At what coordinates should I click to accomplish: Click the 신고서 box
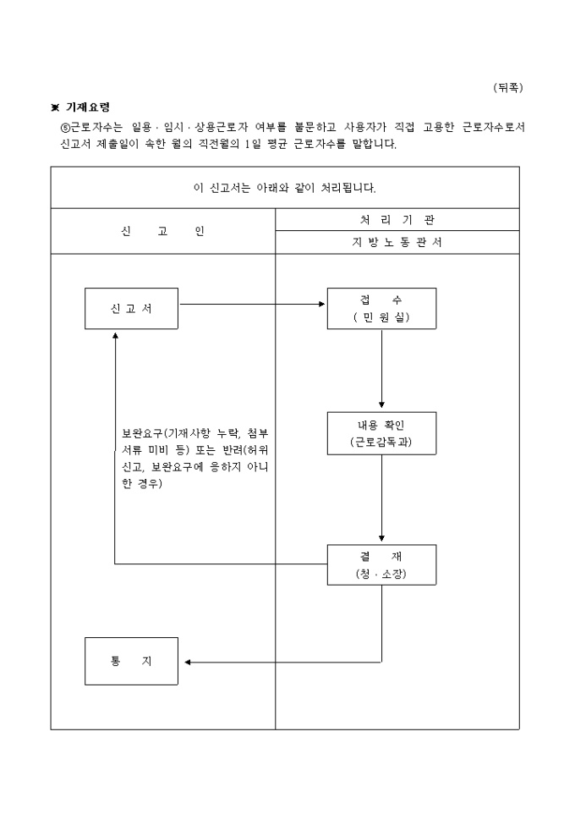point(131,308)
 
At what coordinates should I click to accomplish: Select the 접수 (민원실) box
point(381,308)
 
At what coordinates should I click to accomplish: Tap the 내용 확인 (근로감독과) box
point(381,433)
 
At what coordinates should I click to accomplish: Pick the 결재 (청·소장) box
point(381,565)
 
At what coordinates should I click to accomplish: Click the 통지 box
point(131,661)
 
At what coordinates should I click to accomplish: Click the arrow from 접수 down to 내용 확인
point(381,369)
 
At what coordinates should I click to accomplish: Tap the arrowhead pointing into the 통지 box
point(189,662)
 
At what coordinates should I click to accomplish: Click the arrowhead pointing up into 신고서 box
point(115,335)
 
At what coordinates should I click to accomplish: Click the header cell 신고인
point(162,231)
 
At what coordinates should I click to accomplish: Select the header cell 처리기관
point(397,219)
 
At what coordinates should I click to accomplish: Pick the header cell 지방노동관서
point(397,242)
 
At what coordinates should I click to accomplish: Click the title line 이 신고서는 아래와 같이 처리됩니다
point(284,187)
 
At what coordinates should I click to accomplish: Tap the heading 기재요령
point(88,107)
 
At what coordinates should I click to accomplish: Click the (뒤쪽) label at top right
point(508,87)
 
